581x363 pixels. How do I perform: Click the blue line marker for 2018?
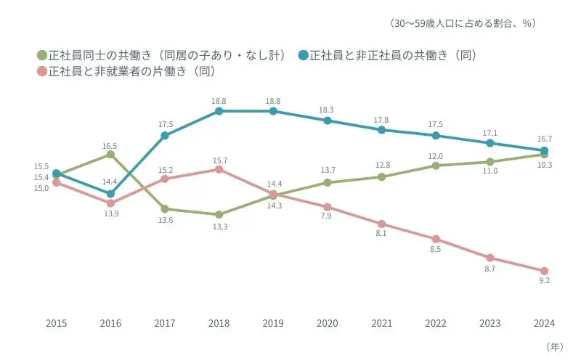[x=219, y=111]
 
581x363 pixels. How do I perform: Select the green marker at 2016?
[x=110, y=155]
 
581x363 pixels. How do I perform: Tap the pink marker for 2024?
[x=544, y=271]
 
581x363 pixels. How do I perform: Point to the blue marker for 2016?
[x=110, y=194]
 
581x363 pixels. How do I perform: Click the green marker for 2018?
[x=219, y=215]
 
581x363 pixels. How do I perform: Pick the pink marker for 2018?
[x=219, y=169]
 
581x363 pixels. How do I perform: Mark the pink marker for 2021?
[x=381, y=224]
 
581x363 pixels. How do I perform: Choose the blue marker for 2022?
[x=436, y=135]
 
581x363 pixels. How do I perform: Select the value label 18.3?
[x=327, y=110]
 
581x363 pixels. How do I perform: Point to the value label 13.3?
[x=219, y=227]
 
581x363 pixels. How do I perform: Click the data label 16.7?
[x=544, y=139]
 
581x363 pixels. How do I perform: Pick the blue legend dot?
[x=302, y=55]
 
